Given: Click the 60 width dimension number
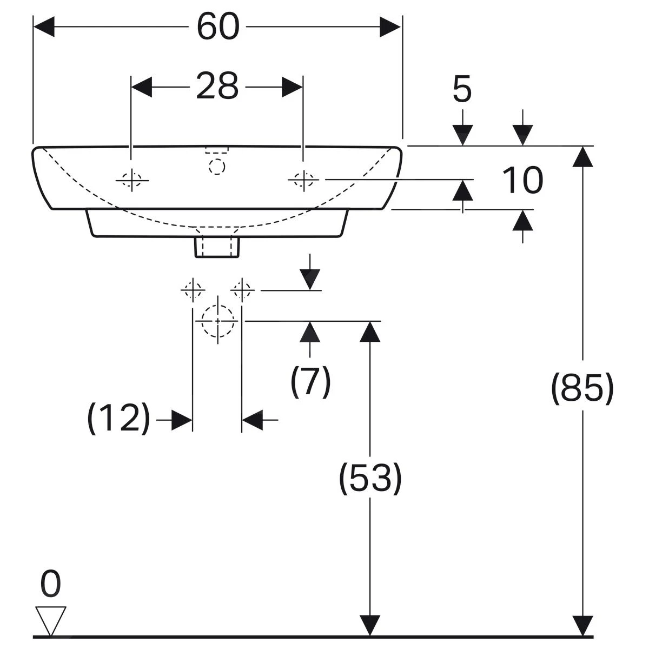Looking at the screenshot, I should (217, 27).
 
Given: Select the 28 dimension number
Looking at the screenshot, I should (217, 86).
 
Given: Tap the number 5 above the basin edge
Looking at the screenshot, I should (462, 90).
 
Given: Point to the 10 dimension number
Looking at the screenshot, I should (522, 181).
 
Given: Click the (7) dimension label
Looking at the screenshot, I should (310, 381).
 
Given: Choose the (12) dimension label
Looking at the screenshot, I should (118, 418).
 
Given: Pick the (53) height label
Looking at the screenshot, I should (370, 478).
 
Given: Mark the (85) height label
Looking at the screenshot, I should (582, 388).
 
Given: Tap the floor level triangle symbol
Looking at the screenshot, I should (51, 620).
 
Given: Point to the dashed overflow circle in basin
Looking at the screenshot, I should (217, 167).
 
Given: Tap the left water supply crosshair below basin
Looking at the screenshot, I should (193, 290).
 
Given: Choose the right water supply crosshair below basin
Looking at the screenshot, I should (242, 290).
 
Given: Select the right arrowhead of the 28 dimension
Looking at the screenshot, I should (292, 87).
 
